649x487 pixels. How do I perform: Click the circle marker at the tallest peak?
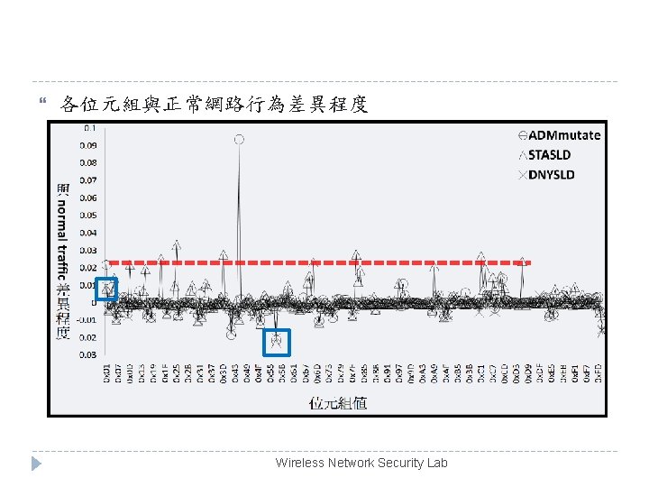tap(239, 139)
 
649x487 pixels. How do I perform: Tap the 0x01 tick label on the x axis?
tap(107, 373)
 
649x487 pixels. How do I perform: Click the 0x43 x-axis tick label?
tap(236, 373)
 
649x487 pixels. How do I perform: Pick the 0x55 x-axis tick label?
tap(270, 373)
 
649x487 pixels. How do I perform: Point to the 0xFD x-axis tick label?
tap(599, 373)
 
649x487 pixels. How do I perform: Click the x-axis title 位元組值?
tap(338, 402)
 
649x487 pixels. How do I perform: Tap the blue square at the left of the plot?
tap(107, 289)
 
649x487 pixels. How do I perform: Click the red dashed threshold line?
tap(315, 262)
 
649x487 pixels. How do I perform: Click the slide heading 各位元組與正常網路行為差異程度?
tap(214, 105)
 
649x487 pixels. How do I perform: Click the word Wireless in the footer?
tap(298, 463)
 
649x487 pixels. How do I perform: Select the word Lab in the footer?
tap(437, 463)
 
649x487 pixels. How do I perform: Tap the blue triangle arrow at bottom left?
tap(36, 464)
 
